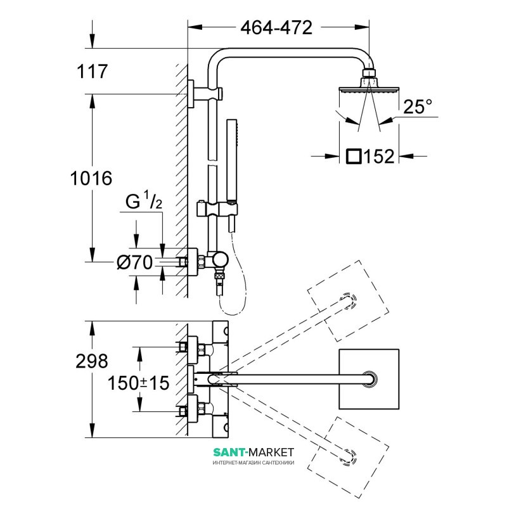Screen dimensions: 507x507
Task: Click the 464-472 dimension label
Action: click(276, 28)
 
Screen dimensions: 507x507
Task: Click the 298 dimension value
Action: click(91, 362)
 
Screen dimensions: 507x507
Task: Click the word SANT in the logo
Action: click(230, 452)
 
